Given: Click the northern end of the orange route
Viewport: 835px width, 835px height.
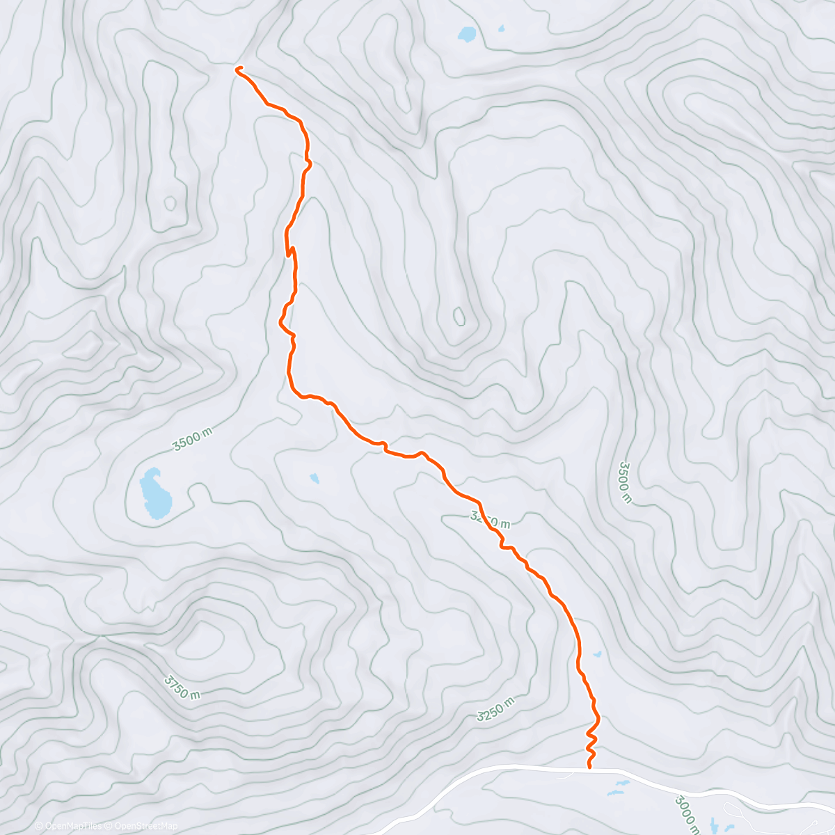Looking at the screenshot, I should pos(238,68).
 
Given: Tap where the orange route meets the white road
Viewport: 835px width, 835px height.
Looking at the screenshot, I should pos(590,768).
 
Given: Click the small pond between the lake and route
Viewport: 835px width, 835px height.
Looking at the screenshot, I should pos(315,478).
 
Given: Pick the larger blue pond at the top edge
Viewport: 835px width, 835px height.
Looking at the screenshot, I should pos(466,33).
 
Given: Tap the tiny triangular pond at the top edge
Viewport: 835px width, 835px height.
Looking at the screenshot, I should pos(500,29).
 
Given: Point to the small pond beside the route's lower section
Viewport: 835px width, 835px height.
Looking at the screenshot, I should pos(597,654).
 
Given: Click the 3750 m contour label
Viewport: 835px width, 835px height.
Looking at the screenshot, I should pos(182,686).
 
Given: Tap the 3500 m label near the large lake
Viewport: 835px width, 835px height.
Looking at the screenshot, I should pos(192,439).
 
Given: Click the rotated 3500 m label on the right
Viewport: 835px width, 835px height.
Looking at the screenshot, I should pos(625,482).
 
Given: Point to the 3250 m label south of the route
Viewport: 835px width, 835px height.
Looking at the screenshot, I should pos(496,708).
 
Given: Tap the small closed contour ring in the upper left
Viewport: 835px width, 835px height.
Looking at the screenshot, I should pos(170,202).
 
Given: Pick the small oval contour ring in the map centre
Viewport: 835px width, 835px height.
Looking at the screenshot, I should pos(459,317).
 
